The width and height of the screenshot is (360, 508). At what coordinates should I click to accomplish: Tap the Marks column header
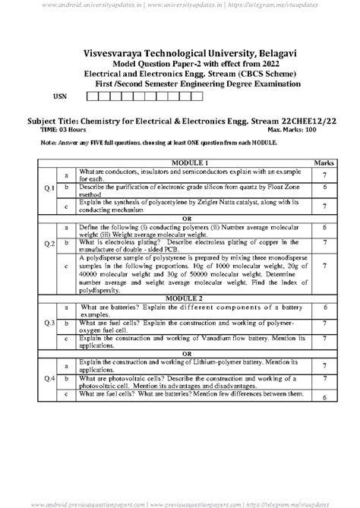click(324, 163)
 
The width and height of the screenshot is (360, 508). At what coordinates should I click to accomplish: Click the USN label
click(58, 98)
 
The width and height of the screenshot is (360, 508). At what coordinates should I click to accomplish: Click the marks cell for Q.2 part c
click(324, 267)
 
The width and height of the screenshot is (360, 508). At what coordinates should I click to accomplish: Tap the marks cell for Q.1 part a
click(324, 175)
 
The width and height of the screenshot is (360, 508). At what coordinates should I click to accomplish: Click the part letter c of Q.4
click(68, 395)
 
